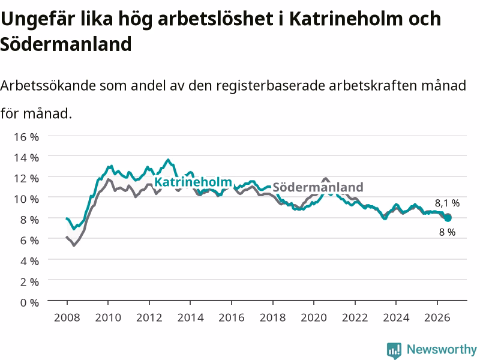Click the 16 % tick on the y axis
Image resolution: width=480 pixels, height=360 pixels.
26,137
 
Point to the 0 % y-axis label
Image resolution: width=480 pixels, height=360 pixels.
29,303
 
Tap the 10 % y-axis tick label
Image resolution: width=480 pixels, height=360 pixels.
26,199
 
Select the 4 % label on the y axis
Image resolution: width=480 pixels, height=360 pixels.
29,261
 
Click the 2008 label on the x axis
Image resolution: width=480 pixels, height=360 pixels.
67,317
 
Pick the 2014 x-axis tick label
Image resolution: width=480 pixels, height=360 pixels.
190,317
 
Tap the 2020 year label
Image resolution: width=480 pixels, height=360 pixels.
314,317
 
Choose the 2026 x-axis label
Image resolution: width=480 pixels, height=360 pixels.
437,317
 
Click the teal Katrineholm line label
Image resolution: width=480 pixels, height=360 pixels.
193,182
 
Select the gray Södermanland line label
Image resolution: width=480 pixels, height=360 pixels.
318,187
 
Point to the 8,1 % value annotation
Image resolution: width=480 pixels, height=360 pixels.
447,203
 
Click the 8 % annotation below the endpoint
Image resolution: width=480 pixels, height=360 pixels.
447,232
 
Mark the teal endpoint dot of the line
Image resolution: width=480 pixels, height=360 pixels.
448,218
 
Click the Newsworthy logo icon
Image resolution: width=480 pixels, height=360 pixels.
394,350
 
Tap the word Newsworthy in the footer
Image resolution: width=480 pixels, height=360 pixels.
442,349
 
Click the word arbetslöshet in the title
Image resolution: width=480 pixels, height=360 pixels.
215,19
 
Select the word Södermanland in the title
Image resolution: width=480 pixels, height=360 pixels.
66,44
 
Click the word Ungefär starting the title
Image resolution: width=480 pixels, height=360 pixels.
38,19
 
